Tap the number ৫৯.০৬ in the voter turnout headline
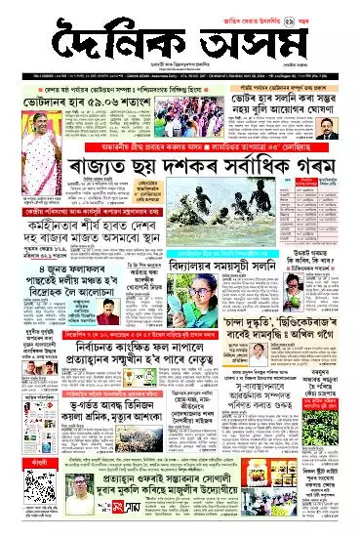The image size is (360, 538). click(106, 101)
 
